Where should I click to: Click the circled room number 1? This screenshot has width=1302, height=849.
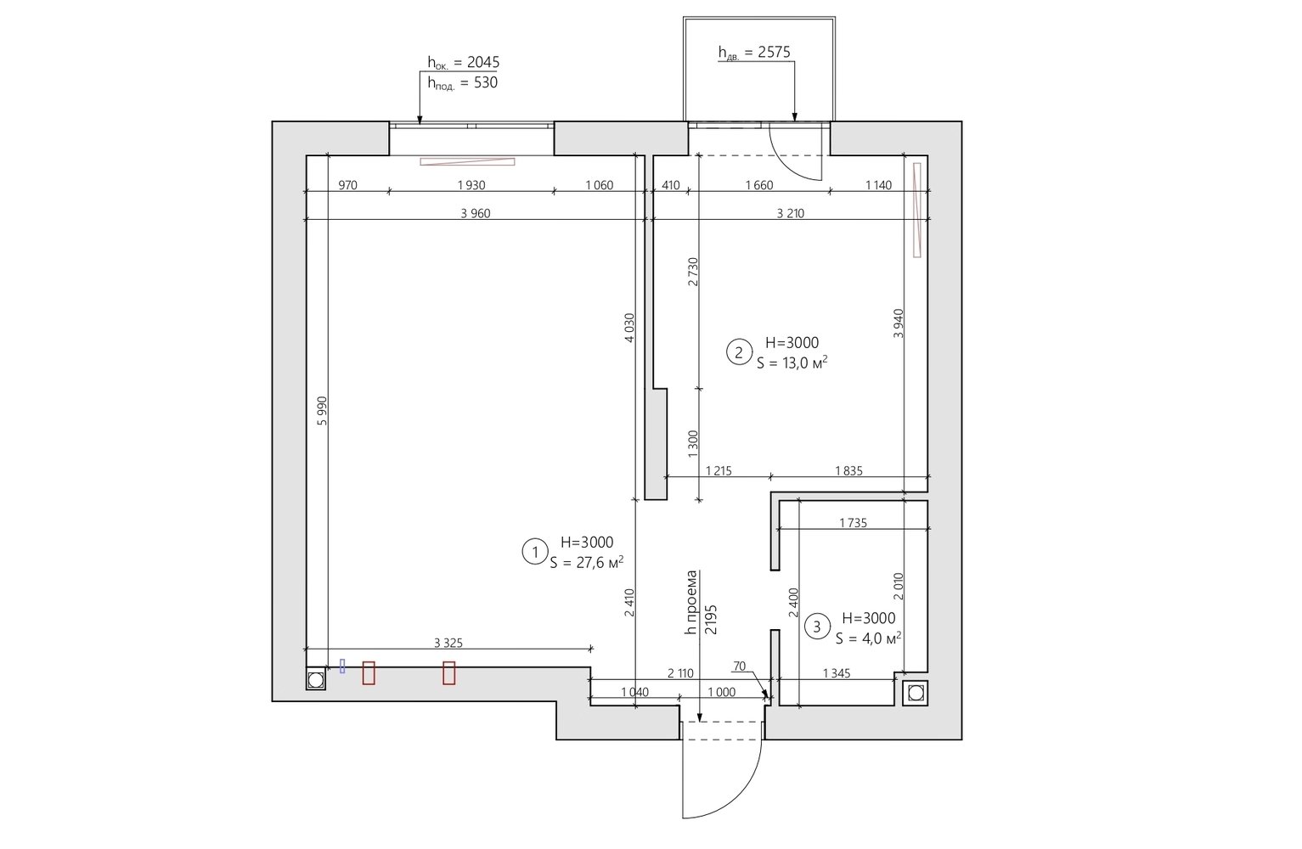coord(534,553)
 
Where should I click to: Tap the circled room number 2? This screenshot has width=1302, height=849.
coord(739,352)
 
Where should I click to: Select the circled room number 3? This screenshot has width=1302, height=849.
coord(817,627)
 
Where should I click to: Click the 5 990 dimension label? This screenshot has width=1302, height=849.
coord(323,411)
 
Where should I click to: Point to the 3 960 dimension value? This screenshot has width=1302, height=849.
coord(476,213)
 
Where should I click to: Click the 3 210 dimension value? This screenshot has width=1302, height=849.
coord(791,213)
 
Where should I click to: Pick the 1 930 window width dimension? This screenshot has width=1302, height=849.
coord(471,185)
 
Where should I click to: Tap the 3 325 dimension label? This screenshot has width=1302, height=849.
coord(448,643)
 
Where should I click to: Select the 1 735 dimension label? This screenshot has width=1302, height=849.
coord(854,523)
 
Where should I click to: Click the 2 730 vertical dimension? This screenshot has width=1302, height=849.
coord(692,272)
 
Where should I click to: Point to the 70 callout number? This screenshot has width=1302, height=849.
coord(740,666)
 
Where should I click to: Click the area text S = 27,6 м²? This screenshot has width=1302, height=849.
coord(587,562)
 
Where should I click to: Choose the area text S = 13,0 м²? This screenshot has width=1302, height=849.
coord(792,363)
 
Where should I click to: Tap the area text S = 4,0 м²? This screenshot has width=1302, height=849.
coord(869,638)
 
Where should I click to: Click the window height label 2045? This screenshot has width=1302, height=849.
coord(483,62)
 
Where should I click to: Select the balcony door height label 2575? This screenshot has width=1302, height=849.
coord(775,53)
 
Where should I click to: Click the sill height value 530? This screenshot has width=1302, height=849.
coord(486,82)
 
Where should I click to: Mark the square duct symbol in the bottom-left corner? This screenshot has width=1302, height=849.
coord(316,680)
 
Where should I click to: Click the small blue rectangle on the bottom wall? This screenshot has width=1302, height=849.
coord(342,666)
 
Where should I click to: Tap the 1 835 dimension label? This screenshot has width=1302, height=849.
coord(848,470)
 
